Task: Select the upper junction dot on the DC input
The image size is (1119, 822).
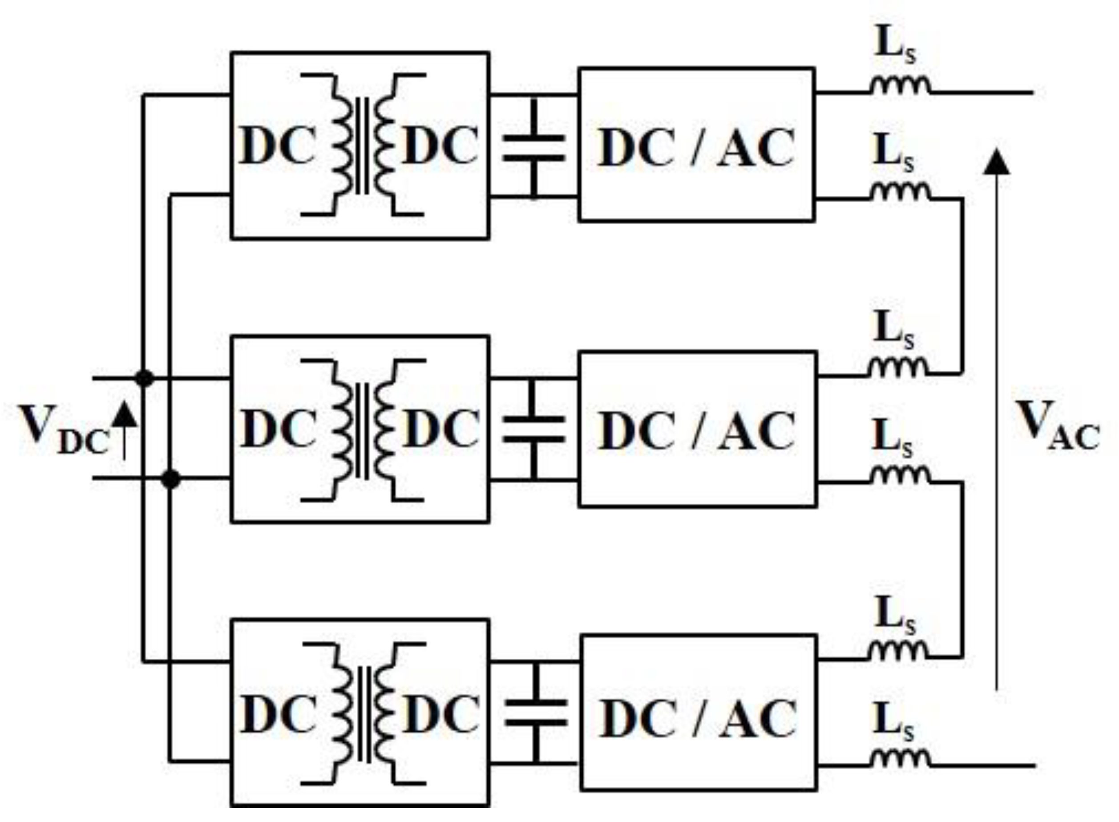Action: click(145, 378)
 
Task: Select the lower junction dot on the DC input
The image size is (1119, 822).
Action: click(171, 480)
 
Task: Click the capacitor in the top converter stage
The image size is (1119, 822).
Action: click(533, 147)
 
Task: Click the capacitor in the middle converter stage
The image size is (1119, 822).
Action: click(533, 429)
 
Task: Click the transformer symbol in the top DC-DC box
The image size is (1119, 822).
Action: click(363, 145)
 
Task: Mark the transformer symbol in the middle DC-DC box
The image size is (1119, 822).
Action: click(363, 429)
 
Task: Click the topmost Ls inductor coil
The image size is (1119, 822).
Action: click(899, 87)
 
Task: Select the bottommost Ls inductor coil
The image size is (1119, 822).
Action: click(899, 759)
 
